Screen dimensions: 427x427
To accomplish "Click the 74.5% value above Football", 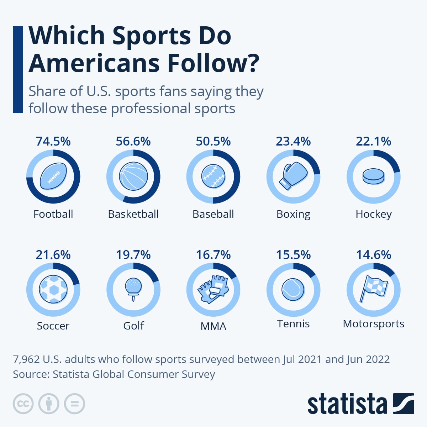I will click(x=53, y=141).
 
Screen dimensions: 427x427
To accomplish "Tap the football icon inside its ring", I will click(x=53, y=176).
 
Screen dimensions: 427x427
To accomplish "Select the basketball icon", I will click(x=133, y=176).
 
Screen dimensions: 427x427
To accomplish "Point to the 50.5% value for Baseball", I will click(x=213, y=141).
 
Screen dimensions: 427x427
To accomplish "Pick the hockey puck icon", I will click(x=373, y=176).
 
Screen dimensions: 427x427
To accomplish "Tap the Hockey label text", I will click(x=374, y=214).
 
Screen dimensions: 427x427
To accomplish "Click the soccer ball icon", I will click(x=53, y=289).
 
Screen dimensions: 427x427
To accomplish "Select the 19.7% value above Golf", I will click(x=133, y=255).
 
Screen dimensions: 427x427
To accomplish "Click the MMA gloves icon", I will click(x=213, y=289).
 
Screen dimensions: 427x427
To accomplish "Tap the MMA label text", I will click(x=213, y=326).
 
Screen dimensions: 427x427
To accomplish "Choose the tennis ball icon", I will click(x=293, y=289).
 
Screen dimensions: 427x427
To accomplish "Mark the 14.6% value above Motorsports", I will click(x=374, y=255).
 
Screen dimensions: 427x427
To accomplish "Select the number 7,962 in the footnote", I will click(x=26, y=359).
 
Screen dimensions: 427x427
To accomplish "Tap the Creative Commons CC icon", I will click(x=23, y=404).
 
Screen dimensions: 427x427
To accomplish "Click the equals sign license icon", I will click(x=74, y=404).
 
